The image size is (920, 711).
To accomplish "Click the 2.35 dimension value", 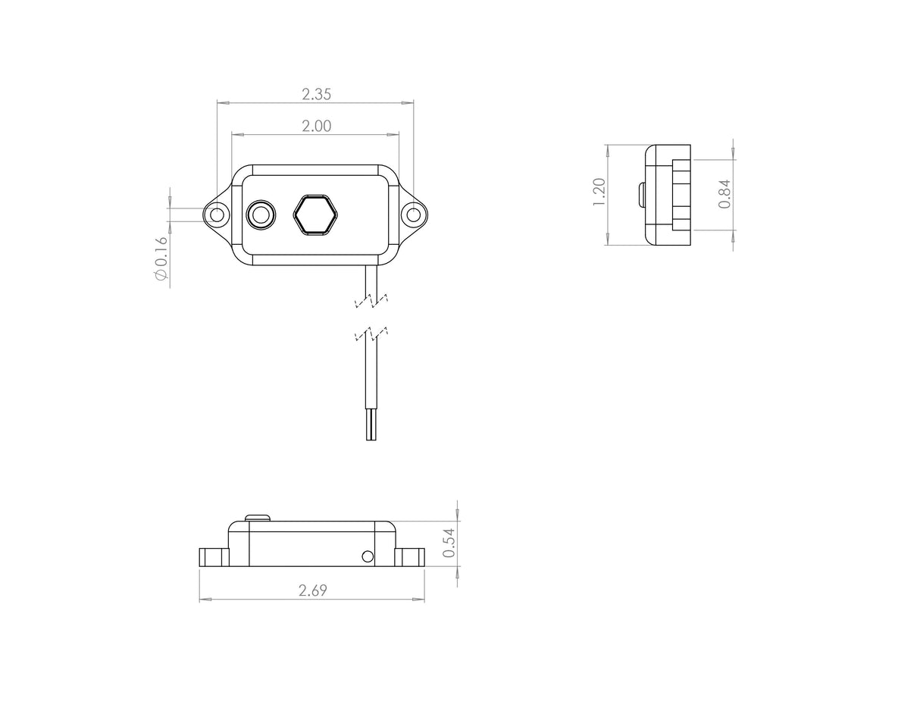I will point(316,95).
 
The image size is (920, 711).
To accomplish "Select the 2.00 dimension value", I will point(316,127).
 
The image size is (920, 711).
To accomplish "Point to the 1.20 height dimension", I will point(599,193).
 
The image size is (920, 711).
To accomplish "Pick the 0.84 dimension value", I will point(724,194).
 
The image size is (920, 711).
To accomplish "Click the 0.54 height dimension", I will point(449,543).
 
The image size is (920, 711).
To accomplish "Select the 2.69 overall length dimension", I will point(312,590).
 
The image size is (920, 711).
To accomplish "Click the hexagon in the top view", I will point(315,215).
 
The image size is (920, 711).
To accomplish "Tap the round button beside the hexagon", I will point(261,215).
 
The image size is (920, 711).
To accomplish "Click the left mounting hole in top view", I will point(217,215).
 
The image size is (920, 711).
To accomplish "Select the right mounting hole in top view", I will point(413,215).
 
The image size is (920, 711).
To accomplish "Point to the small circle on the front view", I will point(368,556).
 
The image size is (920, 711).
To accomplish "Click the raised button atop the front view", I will point(258,518).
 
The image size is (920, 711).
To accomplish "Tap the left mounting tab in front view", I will point(214,557).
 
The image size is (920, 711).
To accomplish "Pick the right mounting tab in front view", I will point(409,557).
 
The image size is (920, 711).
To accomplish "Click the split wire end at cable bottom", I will point(371,425).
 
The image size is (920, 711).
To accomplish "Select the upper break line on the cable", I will point(371,301).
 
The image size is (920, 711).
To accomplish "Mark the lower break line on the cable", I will point(371,334).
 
